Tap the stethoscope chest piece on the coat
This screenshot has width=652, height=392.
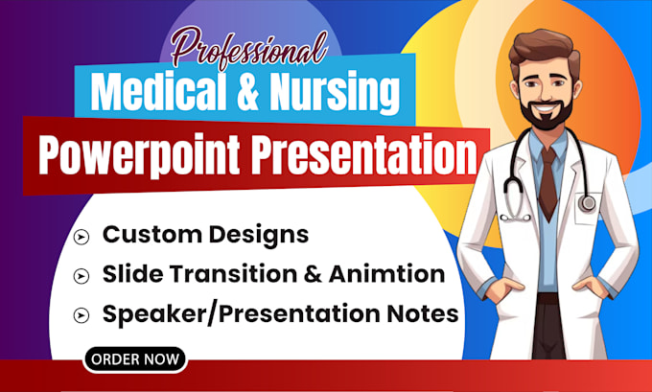(587, 203)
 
